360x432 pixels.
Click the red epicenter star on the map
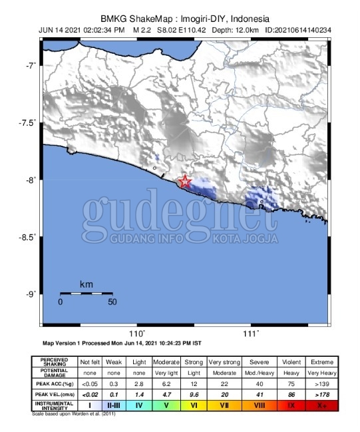coord(185,182)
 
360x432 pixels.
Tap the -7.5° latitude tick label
coord(27,123)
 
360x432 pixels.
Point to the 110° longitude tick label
coord(136,333)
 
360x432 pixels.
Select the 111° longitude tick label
coord(251,333)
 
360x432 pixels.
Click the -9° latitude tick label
coord(29,294)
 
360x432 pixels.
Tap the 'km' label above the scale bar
coord(86,284)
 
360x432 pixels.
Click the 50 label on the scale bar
coord(112,302)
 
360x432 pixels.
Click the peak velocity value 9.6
coord(194,395)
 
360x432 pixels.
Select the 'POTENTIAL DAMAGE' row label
coord(53,373)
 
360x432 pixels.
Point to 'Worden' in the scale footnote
coord(81,413)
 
